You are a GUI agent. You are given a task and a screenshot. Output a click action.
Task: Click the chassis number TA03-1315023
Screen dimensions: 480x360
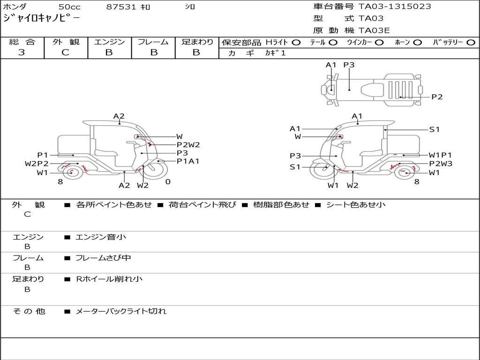point(395,7)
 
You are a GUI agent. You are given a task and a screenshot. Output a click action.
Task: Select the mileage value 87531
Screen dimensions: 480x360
point(121,7)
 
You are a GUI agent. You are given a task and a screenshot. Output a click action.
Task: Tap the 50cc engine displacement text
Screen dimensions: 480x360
point(69,7)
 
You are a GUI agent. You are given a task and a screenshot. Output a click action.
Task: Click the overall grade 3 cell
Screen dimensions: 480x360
point(22,52)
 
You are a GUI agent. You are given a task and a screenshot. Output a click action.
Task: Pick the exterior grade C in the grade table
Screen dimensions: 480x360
point(65,52)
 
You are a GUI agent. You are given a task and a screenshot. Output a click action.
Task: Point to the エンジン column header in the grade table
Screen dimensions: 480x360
point(109,42)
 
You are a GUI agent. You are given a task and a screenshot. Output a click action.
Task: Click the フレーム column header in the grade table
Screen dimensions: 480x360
point(153,42)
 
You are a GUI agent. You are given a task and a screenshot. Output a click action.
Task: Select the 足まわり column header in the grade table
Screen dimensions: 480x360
point(197,42)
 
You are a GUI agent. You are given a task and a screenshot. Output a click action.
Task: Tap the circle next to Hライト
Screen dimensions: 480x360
point(296,43)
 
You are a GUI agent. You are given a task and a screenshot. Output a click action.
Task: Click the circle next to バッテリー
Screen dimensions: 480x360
point(471,43)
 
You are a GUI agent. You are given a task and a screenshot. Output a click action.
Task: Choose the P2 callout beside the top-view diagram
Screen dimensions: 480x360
point(437,97)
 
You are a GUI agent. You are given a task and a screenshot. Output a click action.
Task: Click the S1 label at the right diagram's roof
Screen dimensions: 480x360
point(435,129)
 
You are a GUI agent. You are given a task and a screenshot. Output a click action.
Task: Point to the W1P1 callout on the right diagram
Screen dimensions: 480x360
point(440,155)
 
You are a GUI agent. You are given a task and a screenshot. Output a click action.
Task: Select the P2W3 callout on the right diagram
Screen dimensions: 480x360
point(441,164)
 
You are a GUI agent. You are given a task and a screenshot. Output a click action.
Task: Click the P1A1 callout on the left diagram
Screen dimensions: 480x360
point(188,161)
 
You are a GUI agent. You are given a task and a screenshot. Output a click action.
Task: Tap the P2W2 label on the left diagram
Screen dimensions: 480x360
point(188,145)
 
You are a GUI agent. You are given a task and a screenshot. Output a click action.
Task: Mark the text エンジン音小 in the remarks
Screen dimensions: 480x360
point(101,237)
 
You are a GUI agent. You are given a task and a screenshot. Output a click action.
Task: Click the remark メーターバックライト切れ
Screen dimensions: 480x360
point(121,311)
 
